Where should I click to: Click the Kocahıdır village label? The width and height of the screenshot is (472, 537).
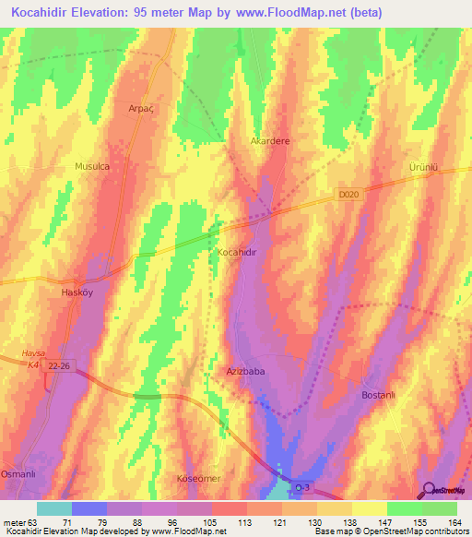242,252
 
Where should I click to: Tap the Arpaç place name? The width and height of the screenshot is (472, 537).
139,108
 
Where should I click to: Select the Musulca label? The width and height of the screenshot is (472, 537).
92,166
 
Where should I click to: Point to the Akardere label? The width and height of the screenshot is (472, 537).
271,141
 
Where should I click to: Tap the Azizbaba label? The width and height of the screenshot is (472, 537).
246,371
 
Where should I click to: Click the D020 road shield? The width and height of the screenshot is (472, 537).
347,195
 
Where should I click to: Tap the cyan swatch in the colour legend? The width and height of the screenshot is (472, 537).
53,508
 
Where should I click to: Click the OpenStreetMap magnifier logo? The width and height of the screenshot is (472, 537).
427,491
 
